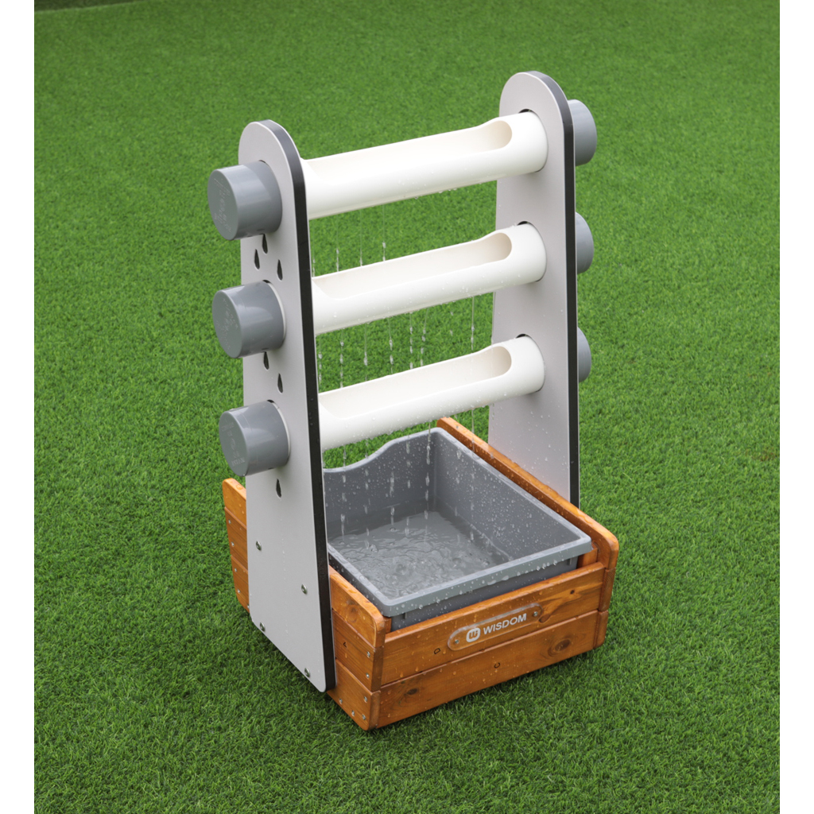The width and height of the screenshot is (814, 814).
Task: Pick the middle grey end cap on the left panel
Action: click(247, 320)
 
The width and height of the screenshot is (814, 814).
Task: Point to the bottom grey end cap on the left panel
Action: click(253, 438)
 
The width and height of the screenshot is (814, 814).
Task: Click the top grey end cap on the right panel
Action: click(583, 133)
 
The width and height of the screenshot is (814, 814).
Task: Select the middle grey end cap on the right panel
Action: click(584, 244)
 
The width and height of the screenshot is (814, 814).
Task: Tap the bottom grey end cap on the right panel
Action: click(584, 355)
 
